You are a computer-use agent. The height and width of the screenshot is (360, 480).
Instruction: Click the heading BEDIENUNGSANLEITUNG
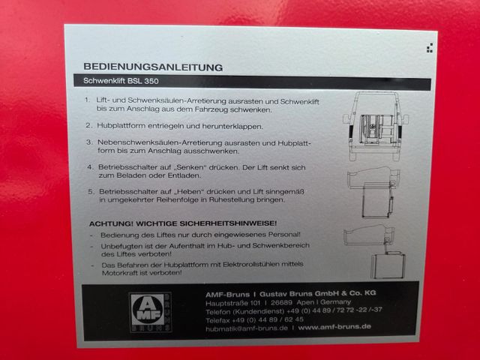(x=153, y=67)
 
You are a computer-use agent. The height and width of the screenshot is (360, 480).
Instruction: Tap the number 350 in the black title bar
(x=151, y=81)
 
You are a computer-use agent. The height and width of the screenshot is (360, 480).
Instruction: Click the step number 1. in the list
(x=88, y=100)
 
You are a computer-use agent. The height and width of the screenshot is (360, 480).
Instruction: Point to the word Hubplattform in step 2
(x=121, y=126)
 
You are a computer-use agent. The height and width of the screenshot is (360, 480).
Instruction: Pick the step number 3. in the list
(x=89, y=142)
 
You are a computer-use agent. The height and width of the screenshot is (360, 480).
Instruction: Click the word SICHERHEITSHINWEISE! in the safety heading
(x=228, y=223)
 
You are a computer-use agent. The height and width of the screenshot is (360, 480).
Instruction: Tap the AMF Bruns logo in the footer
(x=150, y=313)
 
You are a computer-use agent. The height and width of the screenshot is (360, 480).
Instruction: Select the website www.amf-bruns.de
(x=334, y=327)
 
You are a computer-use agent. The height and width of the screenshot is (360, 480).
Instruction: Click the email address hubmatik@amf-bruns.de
(x=247, y=328)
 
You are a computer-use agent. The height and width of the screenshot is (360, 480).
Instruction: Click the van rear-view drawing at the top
(x=375, y=127)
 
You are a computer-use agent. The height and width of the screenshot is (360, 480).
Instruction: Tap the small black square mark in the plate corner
(x=430, y=48)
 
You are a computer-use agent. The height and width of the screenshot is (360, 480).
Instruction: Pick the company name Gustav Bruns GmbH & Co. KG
(x=318, y=293)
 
